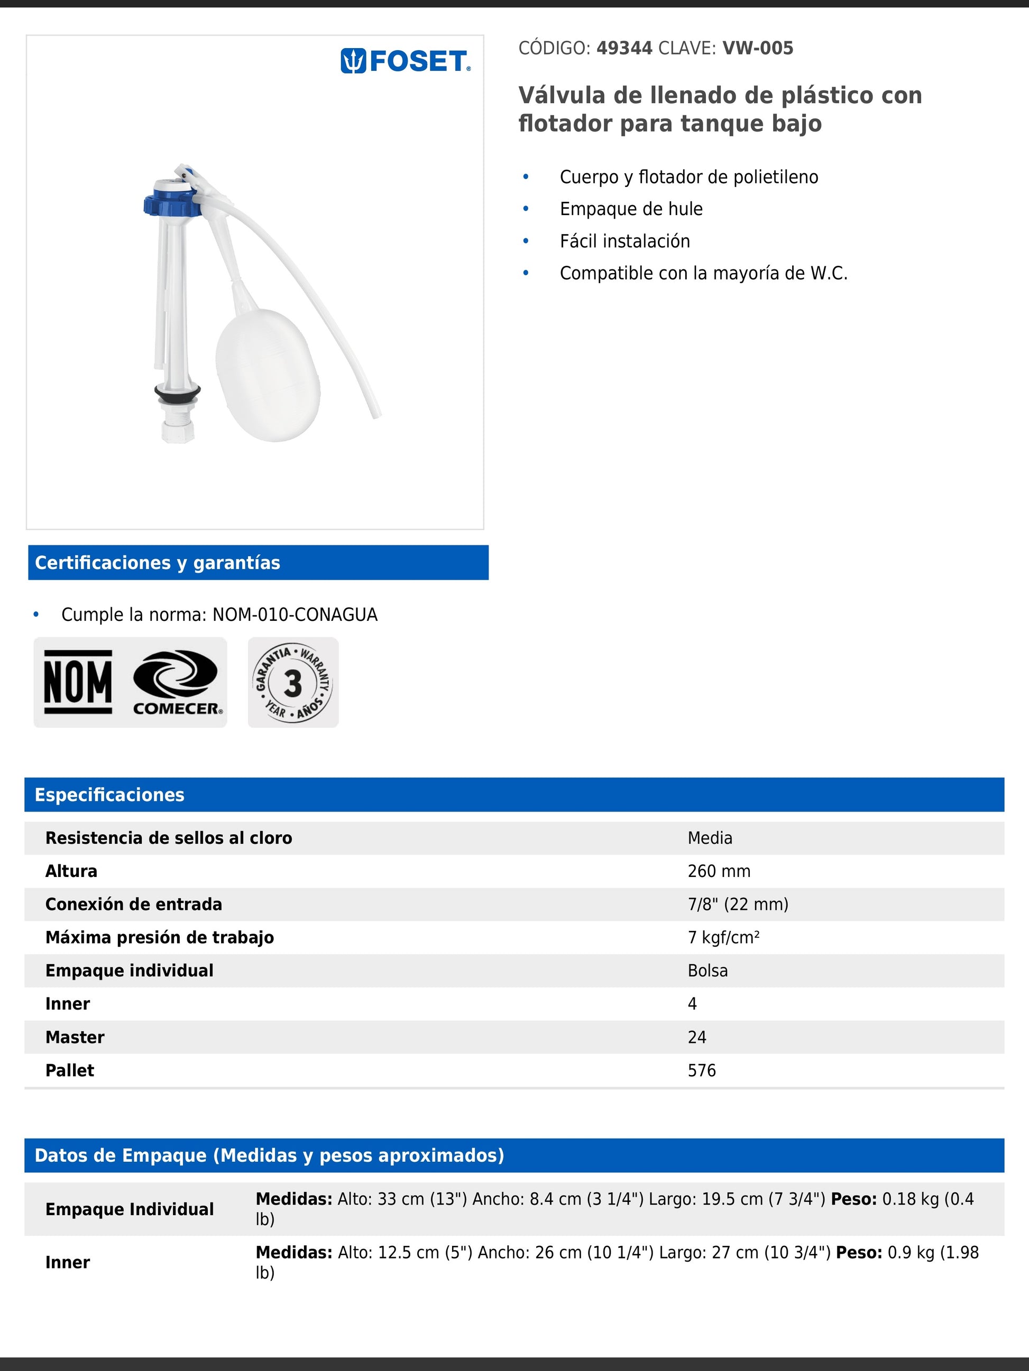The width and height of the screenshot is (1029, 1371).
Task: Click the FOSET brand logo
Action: pyautogui.click(x=406, y=61)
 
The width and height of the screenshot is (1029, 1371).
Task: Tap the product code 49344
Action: pyautogui.click(x=624, y=49)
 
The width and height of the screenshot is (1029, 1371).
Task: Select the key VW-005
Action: pyautogui.click(x=757, y=49)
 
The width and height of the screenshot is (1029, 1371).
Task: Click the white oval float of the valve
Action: pyautogui.click(x=268, y=375)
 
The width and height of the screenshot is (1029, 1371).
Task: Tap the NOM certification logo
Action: pyautogui.click(x=78, y=682)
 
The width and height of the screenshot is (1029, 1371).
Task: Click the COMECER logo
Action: pyautogui.click(x=176, y=682)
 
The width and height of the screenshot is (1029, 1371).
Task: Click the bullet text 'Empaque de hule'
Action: pyautogui.click(x=631, y=209)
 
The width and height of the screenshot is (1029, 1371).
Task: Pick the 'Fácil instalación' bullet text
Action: pyautogui.click(x=624, y=241)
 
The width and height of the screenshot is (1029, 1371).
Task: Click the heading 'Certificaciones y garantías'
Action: pyautogui.click(x=158, y=563)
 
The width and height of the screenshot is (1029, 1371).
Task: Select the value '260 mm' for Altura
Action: pyautogui.click(x=719, y=871)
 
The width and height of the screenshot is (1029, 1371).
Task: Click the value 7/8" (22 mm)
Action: pyautogui.click(x=738, y=904)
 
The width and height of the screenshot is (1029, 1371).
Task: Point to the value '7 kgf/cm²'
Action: pyautogui.click(x=723, y=938)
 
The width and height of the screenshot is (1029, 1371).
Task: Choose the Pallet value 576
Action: pyautogui.click(x=702, y=1070)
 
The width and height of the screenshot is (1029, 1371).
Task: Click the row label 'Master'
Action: pyautogui.click(x=75, y=1038)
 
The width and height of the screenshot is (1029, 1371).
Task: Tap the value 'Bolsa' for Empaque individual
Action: pyautogui.click(x=708, y=971)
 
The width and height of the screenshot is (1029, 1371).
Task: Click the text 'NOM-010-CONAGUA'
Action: pyautogui.click(x=295, y=615)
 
